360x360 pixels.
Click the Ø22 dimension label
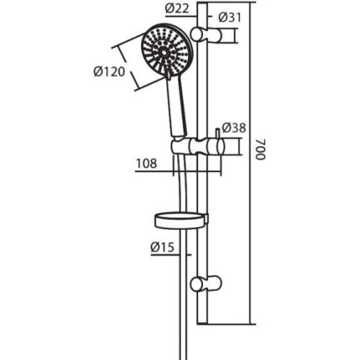(177, 9)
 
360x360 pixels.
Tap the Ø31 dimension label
(230, 17)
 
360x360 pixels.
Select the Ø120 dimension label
(109, 71)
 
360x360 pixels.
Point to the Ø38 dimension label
(234, 127)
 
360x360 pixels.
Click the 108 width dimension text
(146, 163)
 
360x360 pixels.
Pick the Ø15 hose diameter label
(162, 247)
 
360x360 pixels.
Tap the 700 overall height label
(261, 149)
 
